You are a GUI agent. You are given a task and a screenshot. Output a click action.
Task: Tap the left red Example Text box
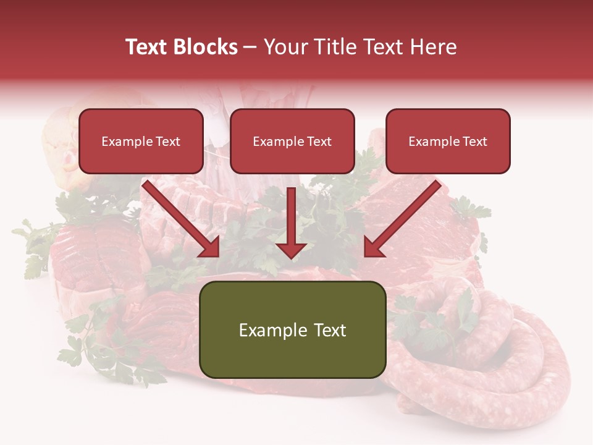tap(141, 142)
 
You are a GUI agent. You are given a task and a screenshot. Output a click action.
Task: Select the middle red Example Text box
tap(292, 142)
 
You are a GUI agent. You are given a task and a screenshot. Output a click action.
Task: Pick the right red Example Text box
tap(448, 142)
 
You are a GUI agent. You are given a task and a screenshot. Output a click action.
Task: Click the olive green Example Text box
tap(292, 330)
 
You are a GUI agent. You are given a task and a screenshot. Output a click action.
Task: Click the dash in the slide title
tap(250, 47)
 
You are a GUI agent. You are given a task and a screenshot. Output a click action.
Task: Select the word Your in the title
tap(286, 47)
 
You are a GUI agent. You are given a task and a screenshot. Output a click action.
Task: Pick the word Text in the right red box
tap(474, 142)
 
